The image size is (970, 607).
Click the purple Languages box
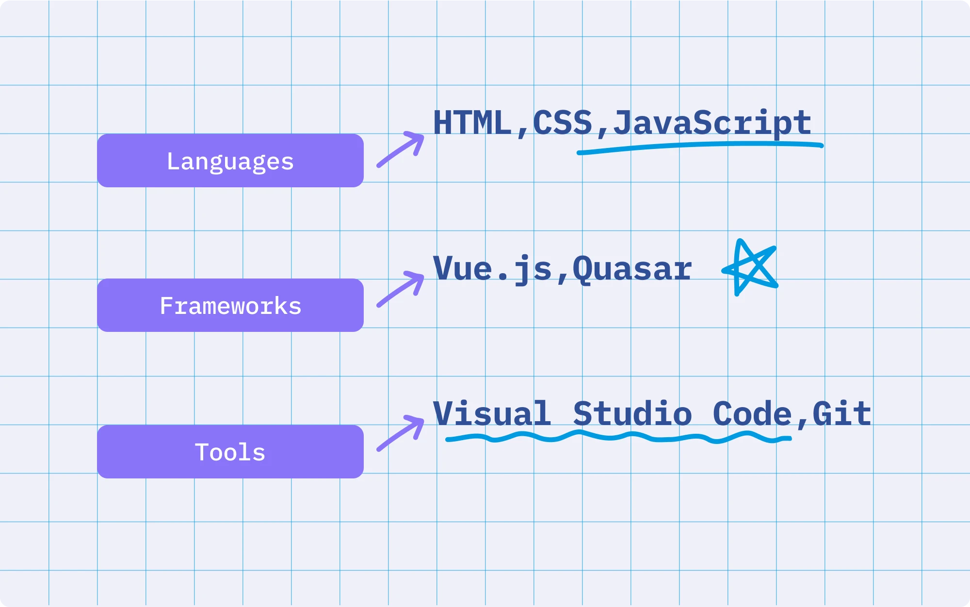tap(230, 161)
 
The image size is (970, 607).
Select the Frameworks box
tap(230, 305)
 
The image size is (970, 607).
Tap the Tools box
tap(230, 452)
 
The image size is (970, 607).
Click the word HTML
tap(472, 122)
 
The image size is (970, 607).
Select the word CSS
tap(563, 122)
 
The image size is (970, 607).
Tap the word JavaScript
tap(712, 123)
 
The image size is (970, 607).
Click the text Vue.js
tap(492, 269)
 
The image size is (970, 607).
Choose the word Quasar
tap(632, 269)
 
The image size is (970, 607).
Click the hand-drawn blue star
tap(750, 267)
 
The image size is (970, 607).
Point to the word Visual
tap(492, 413)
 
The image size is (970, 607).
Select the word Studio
tap(632, 413)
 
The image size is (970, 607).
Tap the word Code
tap(752, 413)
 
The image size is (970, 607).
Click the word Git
tap(842, 413)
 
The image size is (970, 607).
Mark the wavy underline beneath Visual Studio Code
tap(618, 437)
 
